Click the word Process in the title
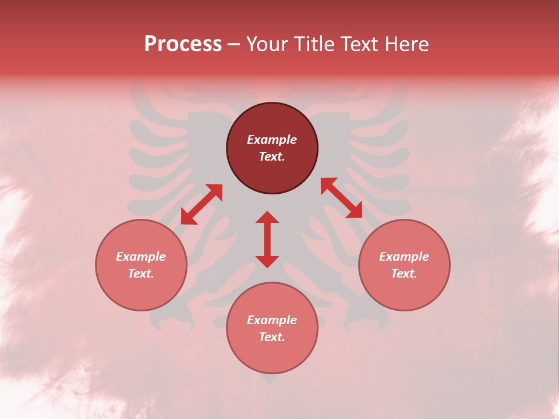183,44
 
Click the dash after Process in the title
234,45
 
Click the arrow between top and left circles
201,204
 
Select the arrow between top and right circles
342,198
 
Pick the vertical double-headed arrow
267,239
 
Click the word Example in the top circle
272,140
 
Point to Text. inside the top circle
272,157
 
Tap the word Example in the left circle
141,257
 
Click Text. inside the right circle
404,274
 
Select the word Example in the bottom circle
272,320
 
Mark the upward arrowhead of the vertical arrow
267,217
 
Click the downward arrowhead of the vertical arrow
267,261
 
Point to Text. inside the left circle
141,274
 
